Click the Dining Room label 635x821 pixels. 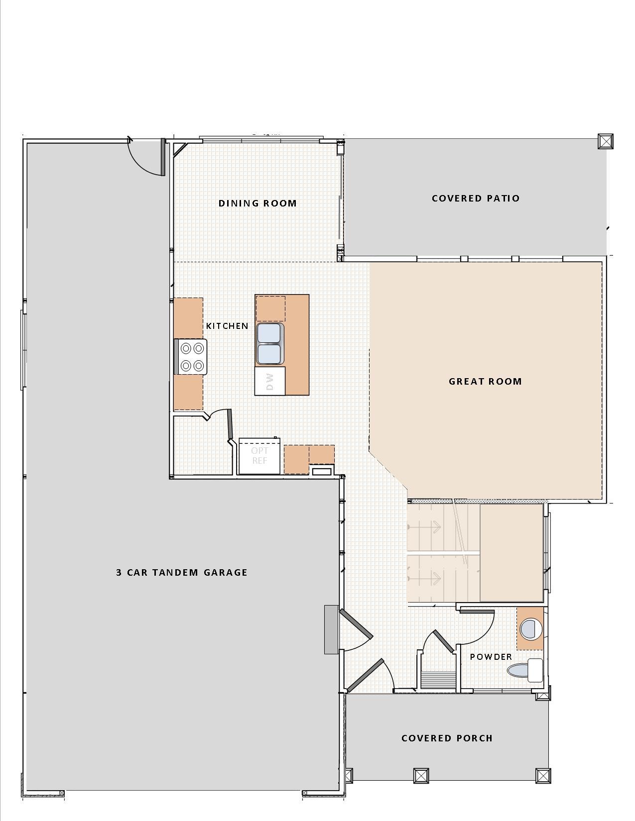pos(257,204)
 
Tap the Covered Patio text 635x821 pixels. pos(476,199)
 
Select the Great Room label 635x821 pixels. pos(485,382)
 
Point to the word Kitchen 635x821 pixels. pos(227,326)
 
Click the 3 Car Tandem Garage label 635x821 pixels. pos(182,572)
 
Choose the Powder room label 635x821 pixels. pos(491,657)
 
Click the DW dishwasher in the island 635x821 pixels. pos(270,381)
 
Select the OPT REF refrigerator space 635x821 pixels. pos(260,456)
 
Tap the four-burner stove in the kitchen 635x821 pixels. pos(191,357)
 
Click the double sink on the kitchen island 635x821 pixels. pos(269,344)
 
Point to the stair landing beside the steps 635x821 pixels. pos(511,552)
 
